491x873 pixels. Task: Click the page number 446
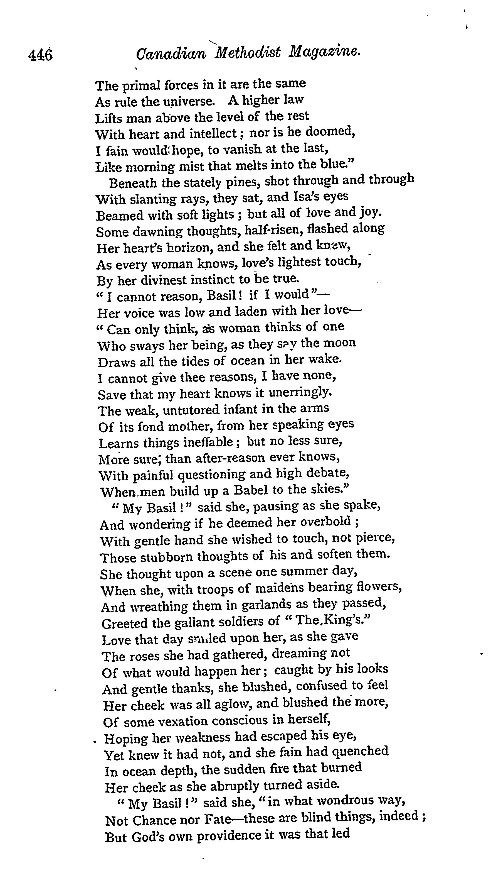41,55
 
